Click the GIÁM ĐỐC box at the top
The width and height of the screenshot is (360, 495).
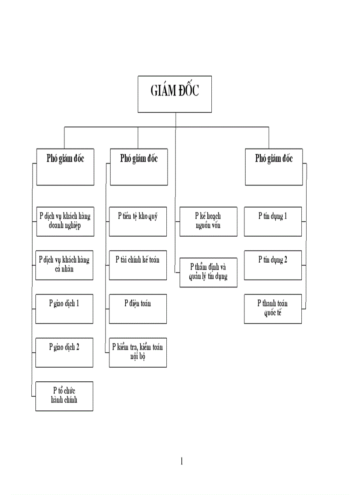point(175,94)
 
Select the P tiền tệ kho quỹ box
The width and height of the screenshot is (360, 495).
point(138,221)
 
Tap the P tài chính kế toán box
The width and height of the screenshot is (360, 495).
point(138,265)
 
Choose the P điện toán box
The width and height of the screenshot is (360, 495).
point(138,309)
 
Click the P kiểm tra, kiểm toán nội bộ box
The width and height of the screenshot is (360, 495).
point(138,352)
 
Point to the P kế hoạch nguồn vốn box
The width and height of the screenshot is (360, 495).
point(208,221)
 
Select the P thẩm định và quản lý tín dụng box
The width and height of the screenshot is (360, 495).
point(208,272)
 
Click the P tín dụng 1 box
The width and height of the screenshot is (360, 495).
point(273,221)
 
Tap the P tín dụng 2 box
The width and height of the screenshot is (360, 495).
point(273,265)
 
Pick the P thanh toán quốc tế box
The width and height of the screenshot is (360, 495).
point(273,309)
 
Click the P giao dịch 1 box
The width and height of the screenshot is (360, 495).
point(64,309)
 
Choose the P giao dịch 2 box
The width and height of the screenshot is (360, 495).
point(64,352)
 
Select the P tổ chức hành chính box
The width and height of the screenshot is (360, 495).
point(64,396)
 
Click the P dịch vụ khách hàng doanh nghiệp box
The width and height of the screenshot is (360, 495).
point(64,221)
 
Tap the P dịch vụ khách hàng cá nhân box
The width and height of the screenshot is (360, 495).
point(64,265)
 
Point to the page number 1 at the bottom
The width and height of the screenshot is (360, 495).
point(182,462)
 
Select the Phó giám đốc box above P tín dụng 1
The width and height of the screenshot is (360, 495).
point(274,167)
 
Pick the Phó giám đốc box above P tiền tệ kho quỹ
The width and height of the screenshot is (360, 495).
point(139,167)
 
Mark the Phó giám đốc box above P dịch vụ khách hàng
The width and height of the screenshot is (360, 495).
point(65,167)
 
